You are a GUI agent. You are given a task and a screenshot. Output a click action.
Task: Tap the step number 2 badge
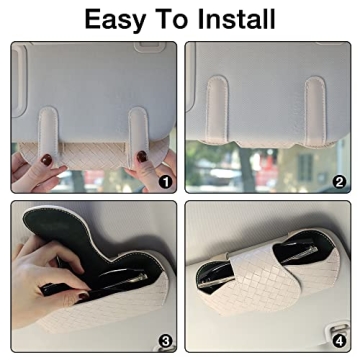click(x=339, y=182)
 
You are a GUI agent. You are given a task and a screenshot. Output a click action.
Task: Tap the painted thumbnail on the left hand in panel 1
click(x=45, y=158)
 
